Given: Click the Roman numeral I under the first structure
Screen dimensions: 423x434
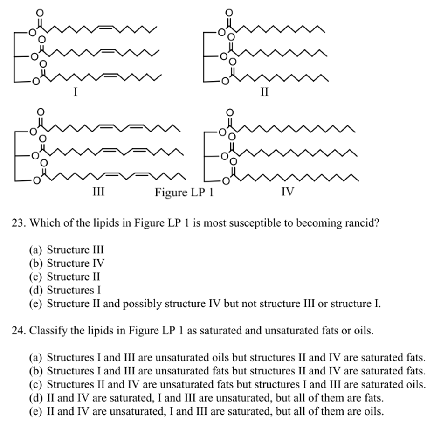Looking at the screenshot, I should (x=75, y=92).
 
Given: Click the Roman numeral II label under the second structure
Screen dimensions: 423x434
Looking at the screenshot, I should (x=264, y=92).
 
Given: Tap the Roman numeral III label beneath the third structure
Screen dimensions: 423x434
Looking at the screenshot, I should (x=98, y=192).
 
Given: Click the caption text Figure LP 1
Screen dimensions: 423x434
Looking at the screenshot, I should (x=184, y=192).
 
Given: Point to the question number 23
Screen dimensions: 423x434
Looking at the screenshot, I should (x=18, y=223).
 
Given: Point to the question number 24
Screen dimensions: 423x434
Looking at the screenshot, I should (x=18, y=331).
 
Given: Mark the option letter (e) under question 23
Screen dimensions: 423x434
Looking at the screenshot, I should (x=35, y=304).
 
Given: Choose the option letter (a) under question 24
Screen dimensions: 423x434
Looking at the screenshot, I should (x=35, y=358).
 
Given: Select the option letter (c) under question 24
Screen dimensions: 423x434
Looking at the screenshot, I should (x=35, y=385).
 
